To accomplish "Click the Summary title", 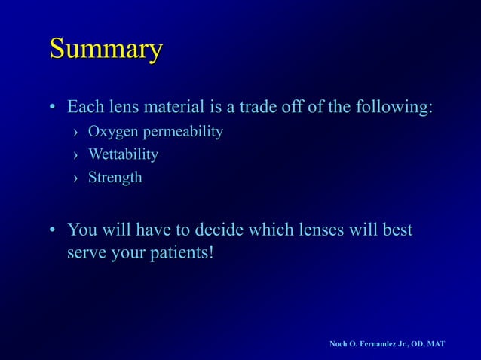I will pyautogui.click(x=106, y=50).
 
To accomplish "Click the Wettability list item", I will pyautogui.click(x=123, y=154).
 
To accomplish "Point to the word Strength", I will pyautogui.click(x=115, y=178).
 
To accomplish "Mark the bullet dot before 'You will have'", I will pyautogui.click(x=54, y=230).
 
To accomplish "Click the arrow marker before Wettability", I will pyautogui.click(x=75, y=155).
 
